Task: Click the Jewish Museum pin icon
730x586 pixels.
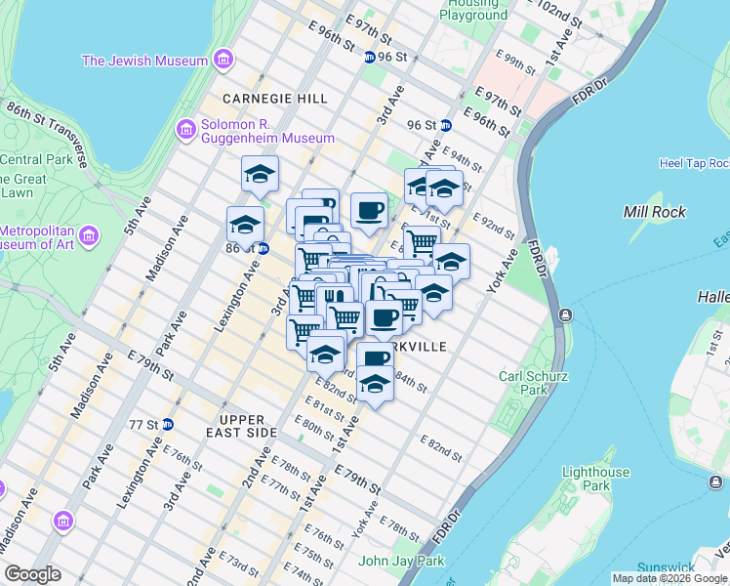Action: (x=223, y=61)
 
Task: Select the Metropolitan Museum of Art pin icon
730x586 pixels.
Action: (x=90, y=236)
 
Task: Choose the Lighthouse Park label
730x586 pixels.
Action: (x=597, y=479)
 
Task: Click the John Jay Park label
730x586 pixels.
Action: (x=401, y=561)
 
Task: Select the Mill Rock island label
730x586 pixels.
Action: (x=655, y=212)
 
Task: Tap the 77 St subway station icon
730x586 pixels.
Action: (x=167, y=424)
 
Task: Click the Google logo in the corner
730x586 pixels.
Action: (x=32, y=574)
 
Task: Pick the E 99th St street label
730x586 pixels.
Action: (x=514, y=62)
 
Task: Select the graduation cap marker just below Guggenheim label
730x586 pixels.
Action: (x=260, y=175)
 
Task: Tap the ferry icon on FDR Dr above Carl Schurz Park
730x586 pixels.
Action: (x=565, y=314)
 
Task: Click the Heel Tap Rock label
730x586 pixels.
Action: (x=694, y=163)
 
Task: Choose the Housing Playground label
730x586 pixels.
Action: (x=475, y=11)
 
